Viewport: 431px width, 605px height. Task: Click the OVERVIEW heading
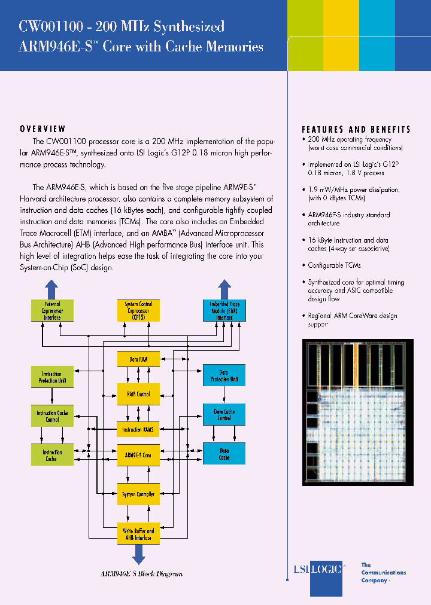43,129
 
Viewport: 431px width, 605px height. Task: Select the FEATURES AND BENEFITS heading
356,129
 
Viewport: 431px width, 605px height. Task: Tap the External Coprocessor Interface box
52,311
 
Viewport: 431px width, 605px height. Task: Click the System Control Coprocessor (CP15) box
138,311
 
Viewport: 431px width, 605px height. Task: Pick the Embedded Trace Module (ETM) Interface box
224,311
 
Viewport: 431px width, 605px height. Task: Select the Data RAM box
138,359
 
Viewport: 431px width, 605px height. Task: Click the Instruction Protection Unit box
52,377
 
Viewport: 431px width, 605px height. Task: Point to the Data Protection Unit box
224,375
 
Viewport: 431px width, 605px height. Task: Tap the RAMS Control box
138,395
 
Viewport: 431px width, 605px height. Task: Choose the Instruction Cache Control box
52,415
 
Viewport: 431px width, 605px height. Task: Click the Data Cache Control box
224,414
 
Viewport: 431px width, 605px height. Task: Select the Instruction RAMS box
138,429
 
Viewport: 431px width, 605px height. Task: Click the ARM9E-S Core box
138,455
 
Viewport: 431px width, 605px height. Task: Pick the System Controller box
138,494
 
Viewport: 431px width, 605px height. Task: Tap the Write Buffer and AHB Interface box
138,534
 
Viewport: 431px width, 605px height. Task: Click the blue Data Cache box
224,454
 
